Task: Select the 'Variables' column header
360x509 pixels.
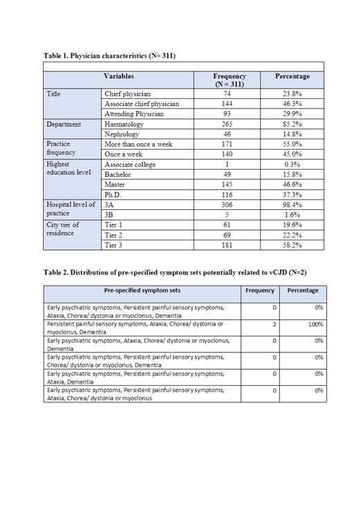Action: coord(118,76)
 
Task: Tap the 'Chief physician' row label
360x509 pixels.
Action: coord(127,93)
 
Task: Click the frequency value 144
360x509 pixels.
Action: coord(227,104)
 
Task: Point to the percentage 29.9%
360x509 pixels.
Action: coord(292,114)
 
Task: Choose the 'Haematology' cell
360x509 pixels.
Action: coord(125,124)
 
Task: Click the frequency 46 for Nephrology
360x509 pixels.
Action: coord(227,134)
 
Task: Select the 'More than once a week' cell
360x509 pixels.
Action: coord(138,144)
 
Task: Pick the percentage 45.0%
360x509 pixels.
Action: coord(292,154)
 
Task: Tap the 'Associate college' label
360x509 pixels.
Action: coord(130,164)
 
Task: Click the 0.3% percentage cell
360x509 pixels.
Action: coord(292,164)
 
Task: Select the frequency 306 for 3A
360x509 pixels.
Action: coord(227,205)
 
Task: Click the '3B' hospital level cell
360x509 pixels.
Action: coord(109,215)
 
